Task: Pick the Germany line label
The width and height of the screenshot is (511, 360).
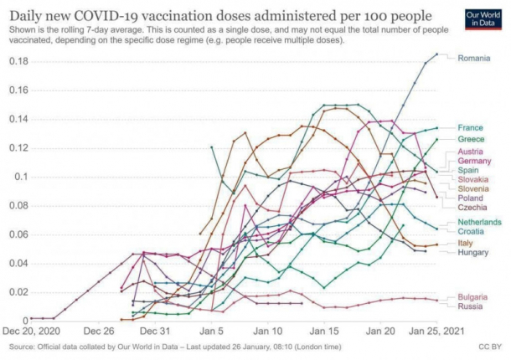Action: click(473, 161)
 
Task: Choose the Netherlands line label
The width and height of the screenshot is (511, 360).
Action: click(478, 222)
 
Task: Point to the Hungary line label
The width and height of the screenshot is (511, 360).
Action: click(472, 252)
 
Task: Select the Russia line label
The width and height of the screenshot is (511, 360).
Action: click(469, 306)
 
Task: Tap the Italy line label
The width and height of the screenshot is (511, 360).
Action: click(465, 243)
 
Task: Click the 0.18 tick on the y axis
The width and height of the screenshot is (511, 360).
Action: click(18, 61)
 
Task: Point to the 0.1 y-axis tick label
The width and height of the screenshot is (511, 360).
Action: click(21, 177)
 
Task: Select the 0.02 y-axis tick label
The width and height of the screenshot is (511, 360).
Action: click(18, 292)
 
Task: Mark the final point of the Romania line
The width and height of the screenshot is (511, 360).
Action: click(437, 54)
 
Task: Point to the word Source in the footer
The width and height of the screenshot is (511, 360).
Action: click(23, 346)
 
